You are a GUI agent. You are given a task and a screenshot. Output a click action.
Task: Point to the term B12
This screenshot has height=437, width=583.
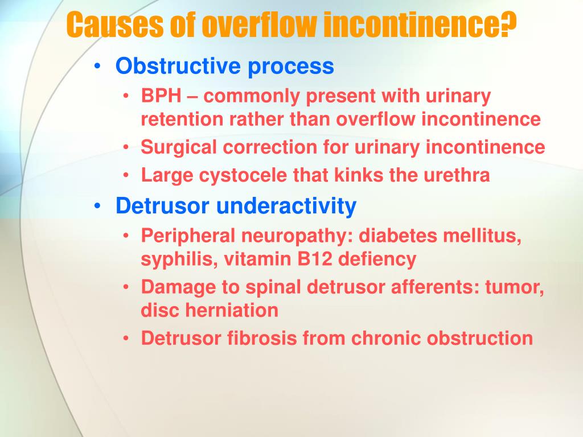click(x=316, y=259)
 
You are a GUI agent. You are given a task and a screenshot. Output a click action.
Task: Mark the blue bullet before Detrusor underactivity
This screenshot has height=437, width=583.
click(x=100, y=206)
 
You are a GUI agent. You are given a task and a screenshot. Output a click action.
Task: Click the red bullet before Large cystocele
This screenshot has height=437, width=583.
click(x=126, y=175)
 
